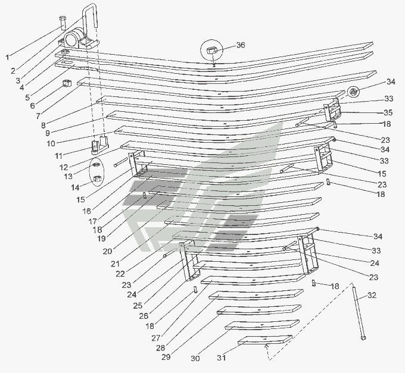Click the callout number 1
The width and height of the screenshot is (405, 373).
tap(7, 57)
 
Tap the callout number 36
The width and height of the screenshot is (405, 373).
tap(241, 45)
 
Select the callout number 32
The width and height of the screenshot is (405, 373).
tap(372, 295)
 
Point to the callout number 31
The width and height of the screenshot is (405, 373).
tap(222, 358)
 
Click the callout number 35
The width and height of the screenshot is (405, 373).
tap(388, 112)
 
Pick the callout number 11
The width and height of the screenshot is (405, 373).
tap(58, 156)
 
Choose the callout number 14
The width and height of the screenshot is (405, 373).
tap(75, 187)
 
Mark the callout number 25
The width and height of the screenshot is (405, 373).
tap(138, 306)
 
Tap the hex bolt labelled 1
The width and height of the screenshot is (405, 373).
tap(63, 23)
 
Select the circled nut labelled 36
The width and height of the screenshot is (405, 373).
tap(211, 50)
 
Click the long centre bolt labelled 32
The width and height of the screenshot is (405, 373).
tap(359, 312)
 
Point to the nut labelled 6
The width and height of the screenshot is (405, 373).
tap(67, 83)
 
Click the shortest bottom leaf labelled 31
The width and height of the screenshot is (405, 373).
tap(265, 340)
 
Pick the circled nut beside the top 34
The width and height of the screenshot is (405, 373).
tap(353, 92)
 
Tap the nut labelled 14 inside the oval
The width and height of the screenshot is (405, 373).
tap(97, 178)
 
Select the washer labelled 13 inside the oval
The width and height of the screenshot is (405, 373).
tap(96, 165)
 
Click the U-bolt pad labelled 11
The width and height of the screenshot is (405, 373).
tap(99, 145)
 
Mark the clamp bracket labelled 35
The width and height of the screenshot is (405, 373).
tap(333, 109)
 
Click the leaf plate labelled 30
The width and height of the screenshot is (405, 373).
tap(262, 325)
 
